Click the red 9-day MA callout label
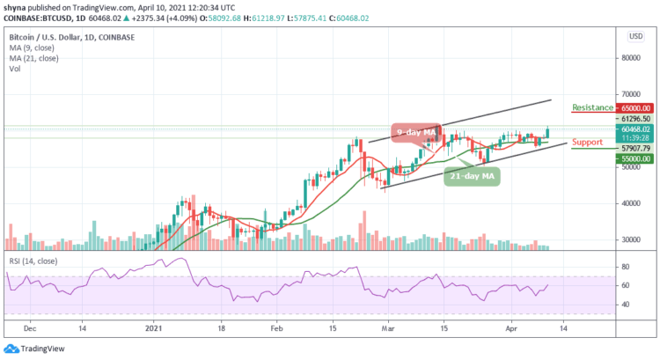tap(413, 132)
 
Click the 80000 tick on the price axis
tap(630, 58)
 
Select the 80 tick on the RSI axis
tap(624, 267)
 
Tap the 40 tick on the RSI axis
tap(624, 305)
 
